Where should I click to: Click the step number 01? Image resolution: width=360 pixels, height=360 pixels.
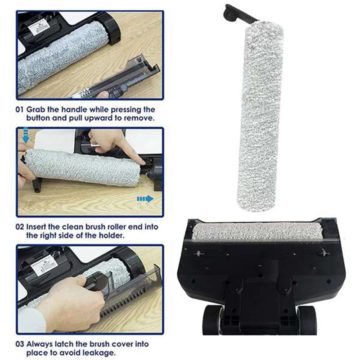[x=20, y=110]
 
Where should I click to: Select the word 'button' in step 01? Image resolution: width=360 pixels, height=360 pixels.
[x=39, y=118]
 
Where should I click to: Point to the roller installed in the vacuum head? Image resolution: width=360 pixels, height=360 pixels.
[x=257, y=231]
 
